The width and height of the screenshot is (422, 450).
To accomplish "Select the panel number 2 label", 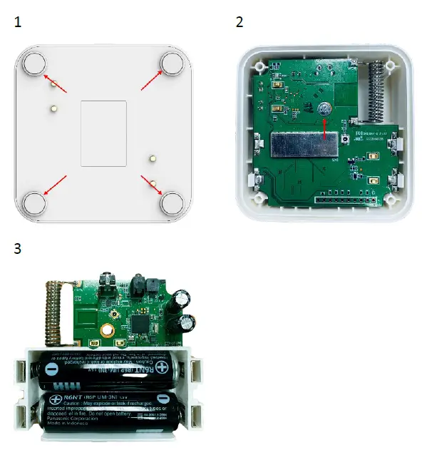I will [x=240, y=22].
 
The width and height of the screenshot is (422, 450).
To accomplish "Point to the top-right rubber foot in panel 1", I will [x=172, y=63].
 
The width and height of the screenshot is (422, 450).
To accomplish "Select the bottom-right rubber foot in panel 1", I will [x=172, y=202].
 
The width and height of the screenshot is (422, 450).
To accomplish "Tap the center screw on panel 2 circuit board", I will [x=326, y=109].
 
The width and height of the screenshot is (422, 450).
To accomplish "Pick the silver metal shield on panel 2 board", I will [x=304, y=145].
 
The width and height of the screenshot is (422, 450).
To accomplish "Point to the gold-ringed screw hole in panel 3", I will [x=109, y=331].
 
